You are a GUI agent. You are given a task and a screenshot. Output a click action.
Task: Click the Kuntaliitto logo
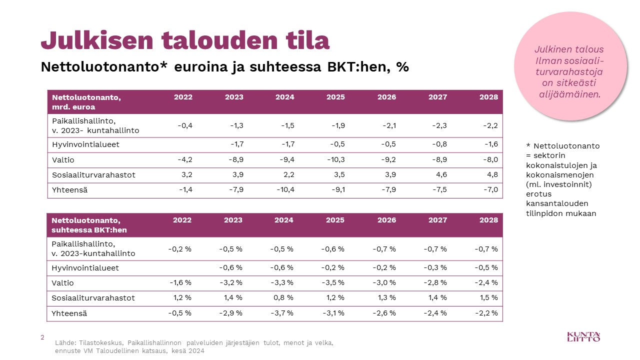(x=583, y=336)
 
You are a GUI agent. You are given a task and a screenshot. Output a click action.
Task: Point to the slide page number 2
(x=42, y=337)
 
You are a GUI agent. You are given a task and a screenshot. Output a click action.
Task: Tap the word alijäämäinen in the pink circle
(x=568, y=93)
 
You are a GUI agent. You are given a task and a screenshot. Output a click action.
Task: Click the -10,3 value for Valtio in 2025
(x=334, y=160)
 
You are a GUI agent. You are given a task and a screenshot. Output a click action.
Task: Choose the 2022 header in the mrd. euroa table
(x=183, y=97)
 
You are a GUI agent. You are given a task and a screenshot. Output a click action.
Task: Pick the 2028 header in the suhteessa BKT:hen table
(x=488, y=220)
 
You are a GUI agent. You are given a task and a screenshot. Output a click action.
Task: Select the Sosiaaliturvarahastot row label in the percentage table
(x=93, y=298)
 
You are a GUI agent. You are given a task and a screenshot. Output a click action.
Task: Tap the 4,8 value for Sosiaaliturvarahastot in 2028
(x=492, y=175)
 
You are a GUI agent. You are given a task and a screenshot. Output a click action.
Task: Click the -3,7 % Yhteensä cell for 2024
(x=281, y=313)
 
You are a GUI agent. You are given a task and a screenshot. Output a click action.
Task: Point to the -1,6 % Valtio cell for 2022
(x=180, y=282)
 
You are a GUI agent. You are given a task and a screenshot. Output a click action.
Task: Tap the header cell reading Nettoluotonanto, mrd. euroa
(x=86, y=101)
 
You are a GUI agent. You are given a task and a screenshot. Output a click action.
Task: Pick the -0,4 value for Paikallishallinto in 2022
(x=185, y=125)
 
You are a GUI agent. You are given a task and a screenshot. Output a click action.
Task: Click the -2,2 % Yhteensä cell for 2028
(x=486, y=313)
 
